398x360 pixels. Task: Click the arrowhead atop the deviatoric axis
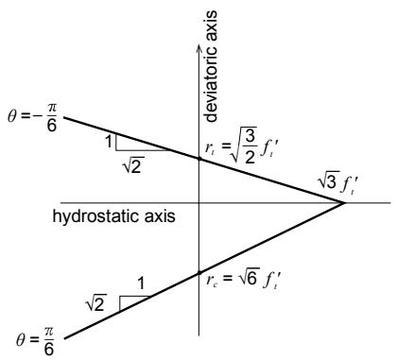pos(199,47)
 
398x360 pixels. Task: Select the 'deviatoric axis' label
pos(211,66)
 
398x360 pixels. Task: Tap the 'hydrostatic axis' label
pos(113,217)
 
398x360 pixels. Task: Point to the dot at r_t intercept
pos(199,159)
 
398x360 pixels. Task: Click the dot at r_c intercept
pos(199,272)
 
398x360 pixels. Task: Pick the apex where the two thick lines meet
pos(345,203)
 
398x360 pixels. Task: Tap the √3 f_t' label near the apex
pos(337,183)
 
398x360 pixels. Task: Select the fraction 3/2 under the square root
pos(250,148)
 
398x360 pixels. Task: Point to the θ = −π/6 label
pos(32,117)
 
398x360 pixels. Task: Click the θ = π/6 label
pos(35,341)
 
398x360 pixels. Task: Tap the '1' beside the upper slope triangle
pos(109,142)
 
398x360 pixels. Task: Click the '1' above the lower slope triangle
pos(142,283)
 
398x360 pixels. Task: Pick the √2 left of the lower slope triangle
pos(96,303)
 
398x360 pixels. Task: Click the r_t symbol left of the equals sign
pos(210,148)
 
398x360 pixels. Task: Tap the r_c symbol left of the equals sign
pos(211,280)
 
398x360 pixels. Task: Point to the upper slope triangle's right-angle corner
pos(116,150)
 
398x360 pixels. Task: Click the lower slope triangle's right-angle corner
pos(119,297)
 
